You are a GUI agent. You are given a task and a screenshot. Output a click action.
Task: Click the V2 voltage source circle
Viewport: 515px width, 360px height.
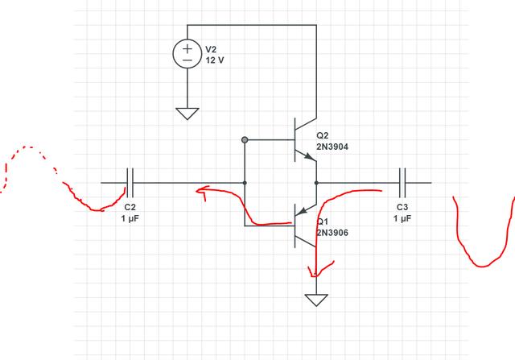(x=187, y=54)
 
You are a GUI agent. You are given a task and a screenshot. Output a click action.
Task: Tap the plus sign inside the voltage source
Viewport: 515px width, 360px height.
(x=187, y=48)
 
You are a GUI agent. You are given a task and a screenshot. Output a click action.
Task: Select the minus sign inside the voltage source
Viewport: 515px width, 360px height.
(x=187, y=60)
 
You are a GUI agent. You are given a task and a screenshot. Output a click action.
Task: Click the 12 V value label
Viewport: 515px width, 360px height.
(x=215, y=60)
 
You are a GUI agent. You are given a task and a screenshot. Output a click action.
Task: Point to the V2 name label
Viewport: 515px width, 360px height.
(x=212, y=49)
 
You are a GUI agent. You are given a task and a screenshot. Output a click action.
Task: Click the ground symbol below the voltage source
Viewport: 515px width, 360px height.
(x=187, y=113)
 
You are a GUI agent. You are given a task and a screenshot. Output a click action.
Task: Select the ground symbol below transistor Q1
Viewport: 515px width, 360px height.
(x=316, y=300)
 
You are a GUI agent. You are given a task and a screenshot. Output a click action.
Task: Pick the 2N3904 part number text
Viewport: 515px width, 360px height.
(x=332, y=147)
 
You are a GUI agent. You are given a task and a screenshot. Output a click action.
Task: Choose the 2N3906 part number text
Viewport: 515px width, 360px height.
(x=332, y=232)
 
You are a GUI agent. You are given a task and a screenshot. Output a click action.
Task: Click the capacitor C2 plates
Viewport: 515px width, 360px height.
(x=130, y=183)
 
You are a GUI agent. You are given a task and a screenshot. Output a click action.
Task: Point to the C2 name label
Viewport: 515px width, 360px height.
(x=130, y=207)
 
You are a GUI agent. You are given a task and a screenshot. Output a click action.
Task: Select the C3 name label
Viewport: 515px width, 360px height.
(x=402, y=207)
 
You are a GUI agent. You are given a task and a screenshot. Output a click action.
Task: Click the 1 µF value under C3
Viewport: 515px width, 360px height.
(x=402, y=218)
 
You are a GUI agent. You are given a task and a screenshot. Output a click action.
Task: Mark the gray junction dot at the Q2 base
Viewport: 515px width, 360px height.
(x=244, y=140)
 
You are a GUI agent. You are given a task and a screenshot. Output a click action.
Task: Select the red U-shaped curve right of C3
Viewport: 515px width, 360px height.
(x=483, y=242)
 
